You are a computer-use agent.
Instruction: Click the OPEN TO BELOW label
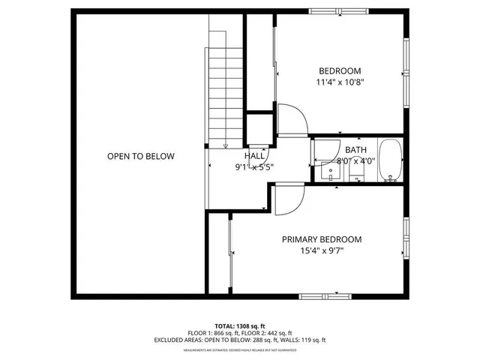click(140, 157)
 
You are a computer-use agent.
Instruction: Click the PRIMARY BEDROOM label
click(321, 240)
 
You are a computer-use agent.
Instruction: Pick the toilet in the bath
click(355, 173)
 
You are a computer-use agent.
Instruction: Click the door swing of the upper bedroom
click(291, 121)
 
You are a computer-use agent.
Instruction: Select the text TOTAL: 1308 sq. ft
click(240, 325)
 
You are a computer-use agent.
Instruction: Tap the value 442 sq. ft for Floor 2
click(280, 332)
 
